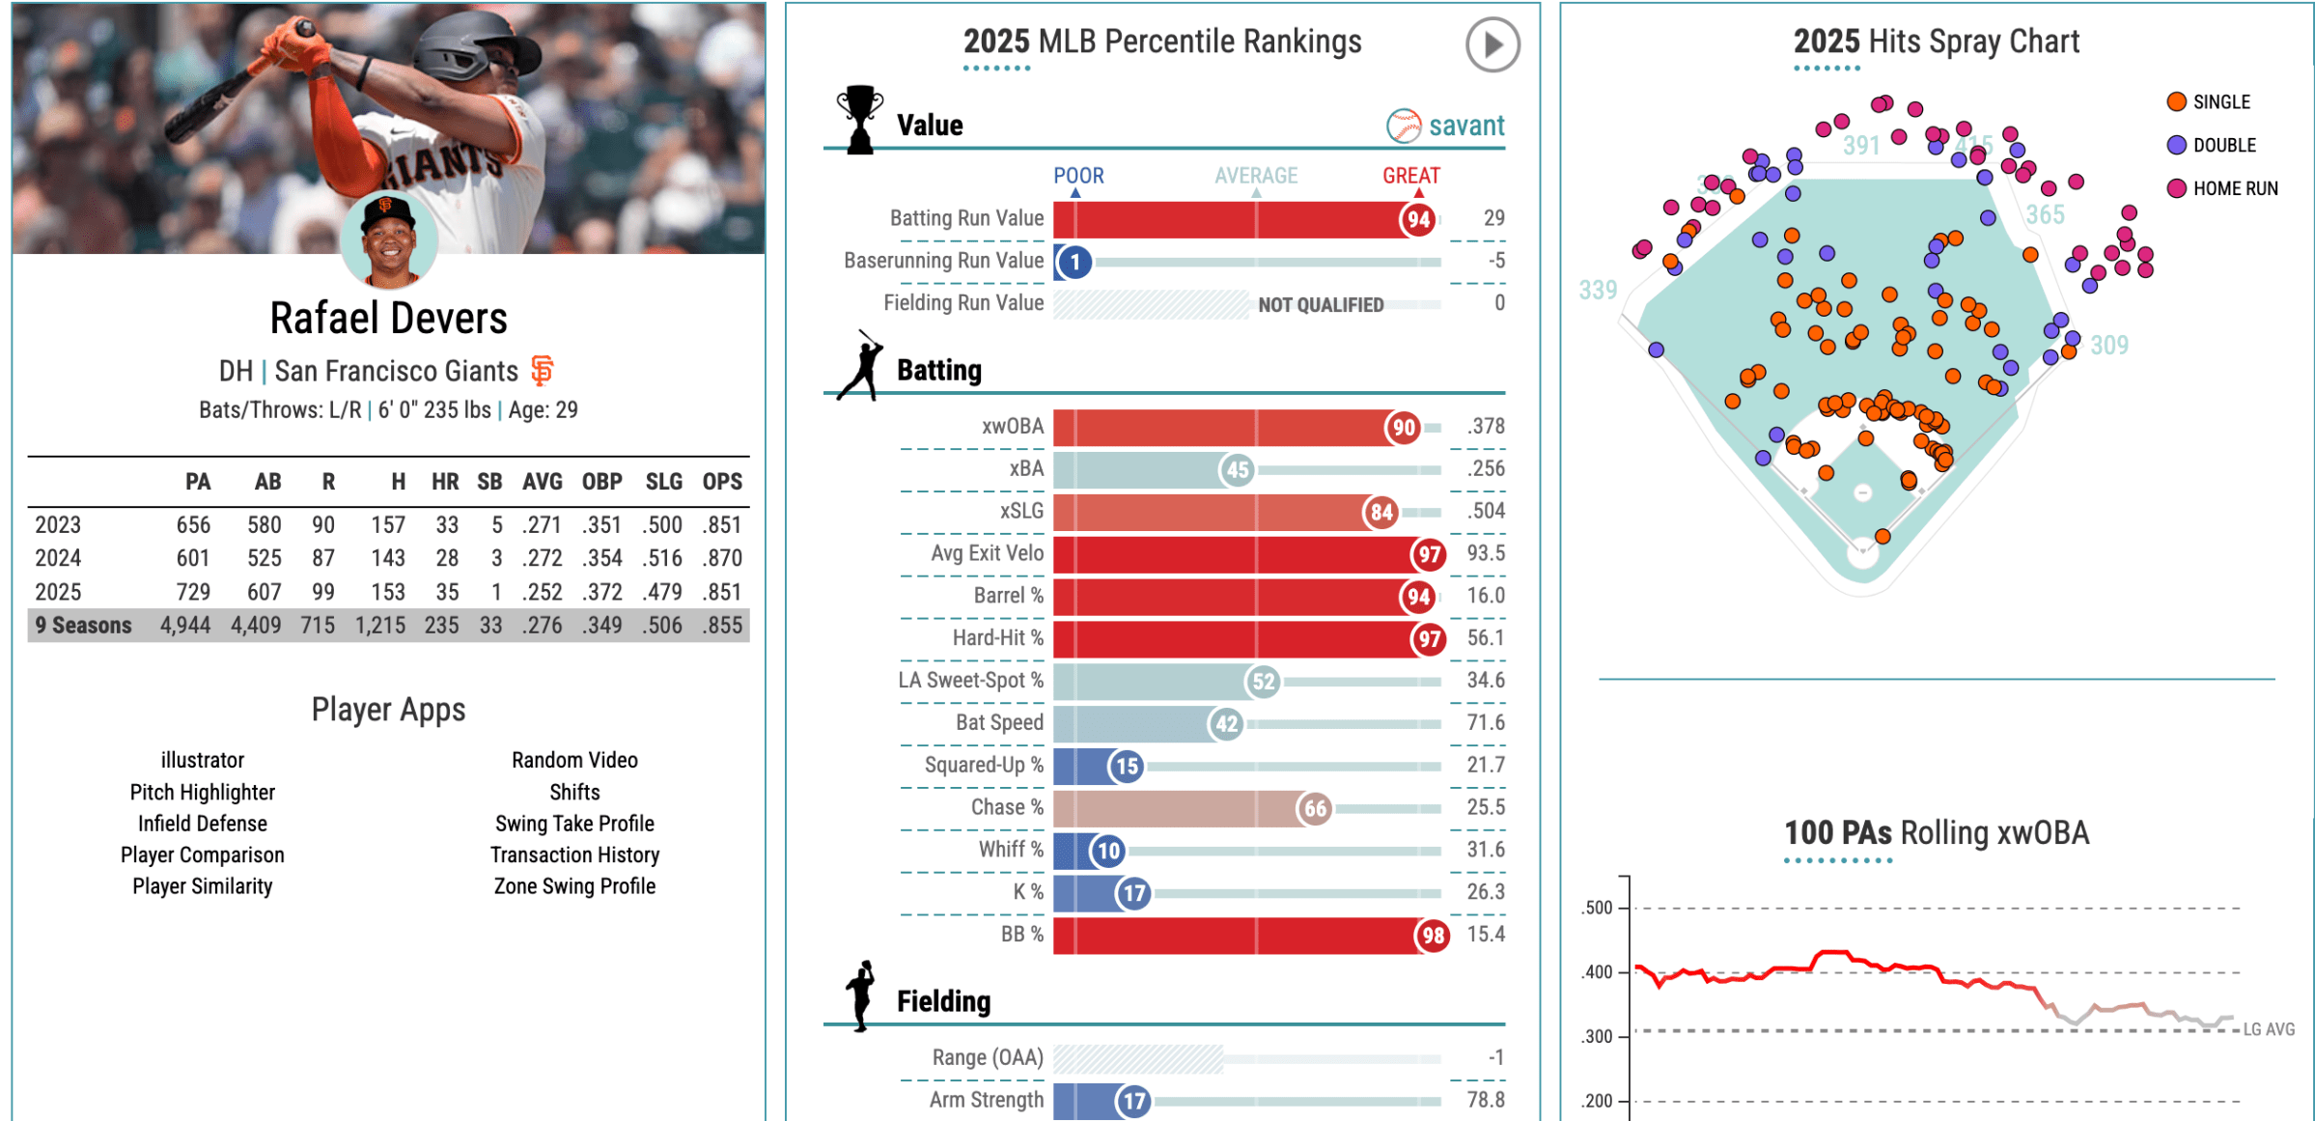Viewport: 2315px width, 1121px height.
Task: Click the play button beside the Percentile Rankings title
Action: click(1492, 44)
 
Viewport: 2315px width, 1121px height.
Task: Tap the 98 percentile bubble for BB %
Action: click(1433, 935)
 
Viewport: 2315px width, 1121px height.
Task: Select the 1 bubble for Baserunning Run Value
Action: click(1074, 262)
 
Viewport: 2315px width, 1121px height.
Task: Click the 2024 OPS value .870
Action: click(722, 558)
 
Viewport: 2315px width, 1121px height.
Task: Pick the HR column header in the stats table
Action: click(445, 482)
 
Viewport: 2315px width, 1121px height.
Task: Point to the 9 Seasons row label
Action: click(84, 626)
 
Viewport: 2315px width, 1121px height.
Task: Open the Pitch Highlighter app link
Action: click(203, 793)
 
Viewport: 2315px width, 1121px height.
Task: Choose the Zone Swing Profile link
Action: click(574, 886)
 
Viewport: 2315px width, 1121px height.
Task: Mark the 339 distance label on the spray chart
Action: click(1598, 290)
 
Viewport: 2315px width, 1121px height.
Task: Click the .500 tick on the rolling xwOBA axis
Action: click(1598, 908)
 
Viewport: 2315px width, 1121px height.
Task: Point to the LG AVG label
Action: click(2269, 1029)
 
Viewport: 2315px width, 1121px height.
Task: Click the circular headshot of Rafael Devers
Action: click(390, 240)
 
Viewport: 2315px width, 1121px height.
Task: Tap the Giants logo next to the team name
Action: click(543, 370)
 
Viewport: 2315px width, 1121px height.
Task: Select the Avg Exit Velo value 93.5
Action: click(1486, 553)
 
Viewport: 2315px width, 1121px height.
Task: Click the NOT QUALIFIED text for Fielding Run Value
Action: click(1320, 305)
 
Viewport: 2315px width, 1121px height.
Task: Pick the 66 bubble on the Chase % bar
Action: click(1315, 808)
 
